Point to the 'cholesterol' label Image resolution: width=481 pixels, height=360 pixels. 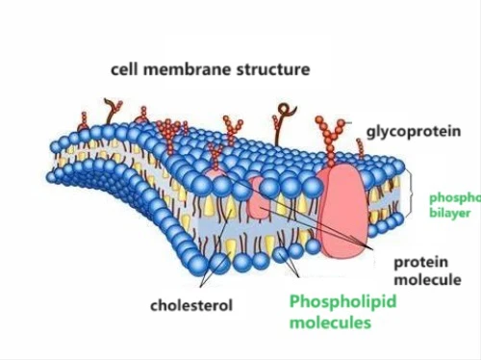click(190, 306)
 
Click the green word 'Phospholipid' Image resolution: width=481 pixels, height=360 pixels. click(343, 302)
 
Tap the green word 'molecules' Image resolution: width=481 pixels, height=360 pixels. click(330, 323)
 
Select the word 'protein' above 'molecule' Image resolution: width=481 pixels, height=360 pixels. click(422, 261)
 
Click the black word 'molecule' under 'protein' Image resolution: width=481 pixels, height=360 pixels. click(427, 279)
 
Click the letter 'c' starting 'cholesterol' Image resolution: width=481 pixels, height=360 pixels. click(154, 306)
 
